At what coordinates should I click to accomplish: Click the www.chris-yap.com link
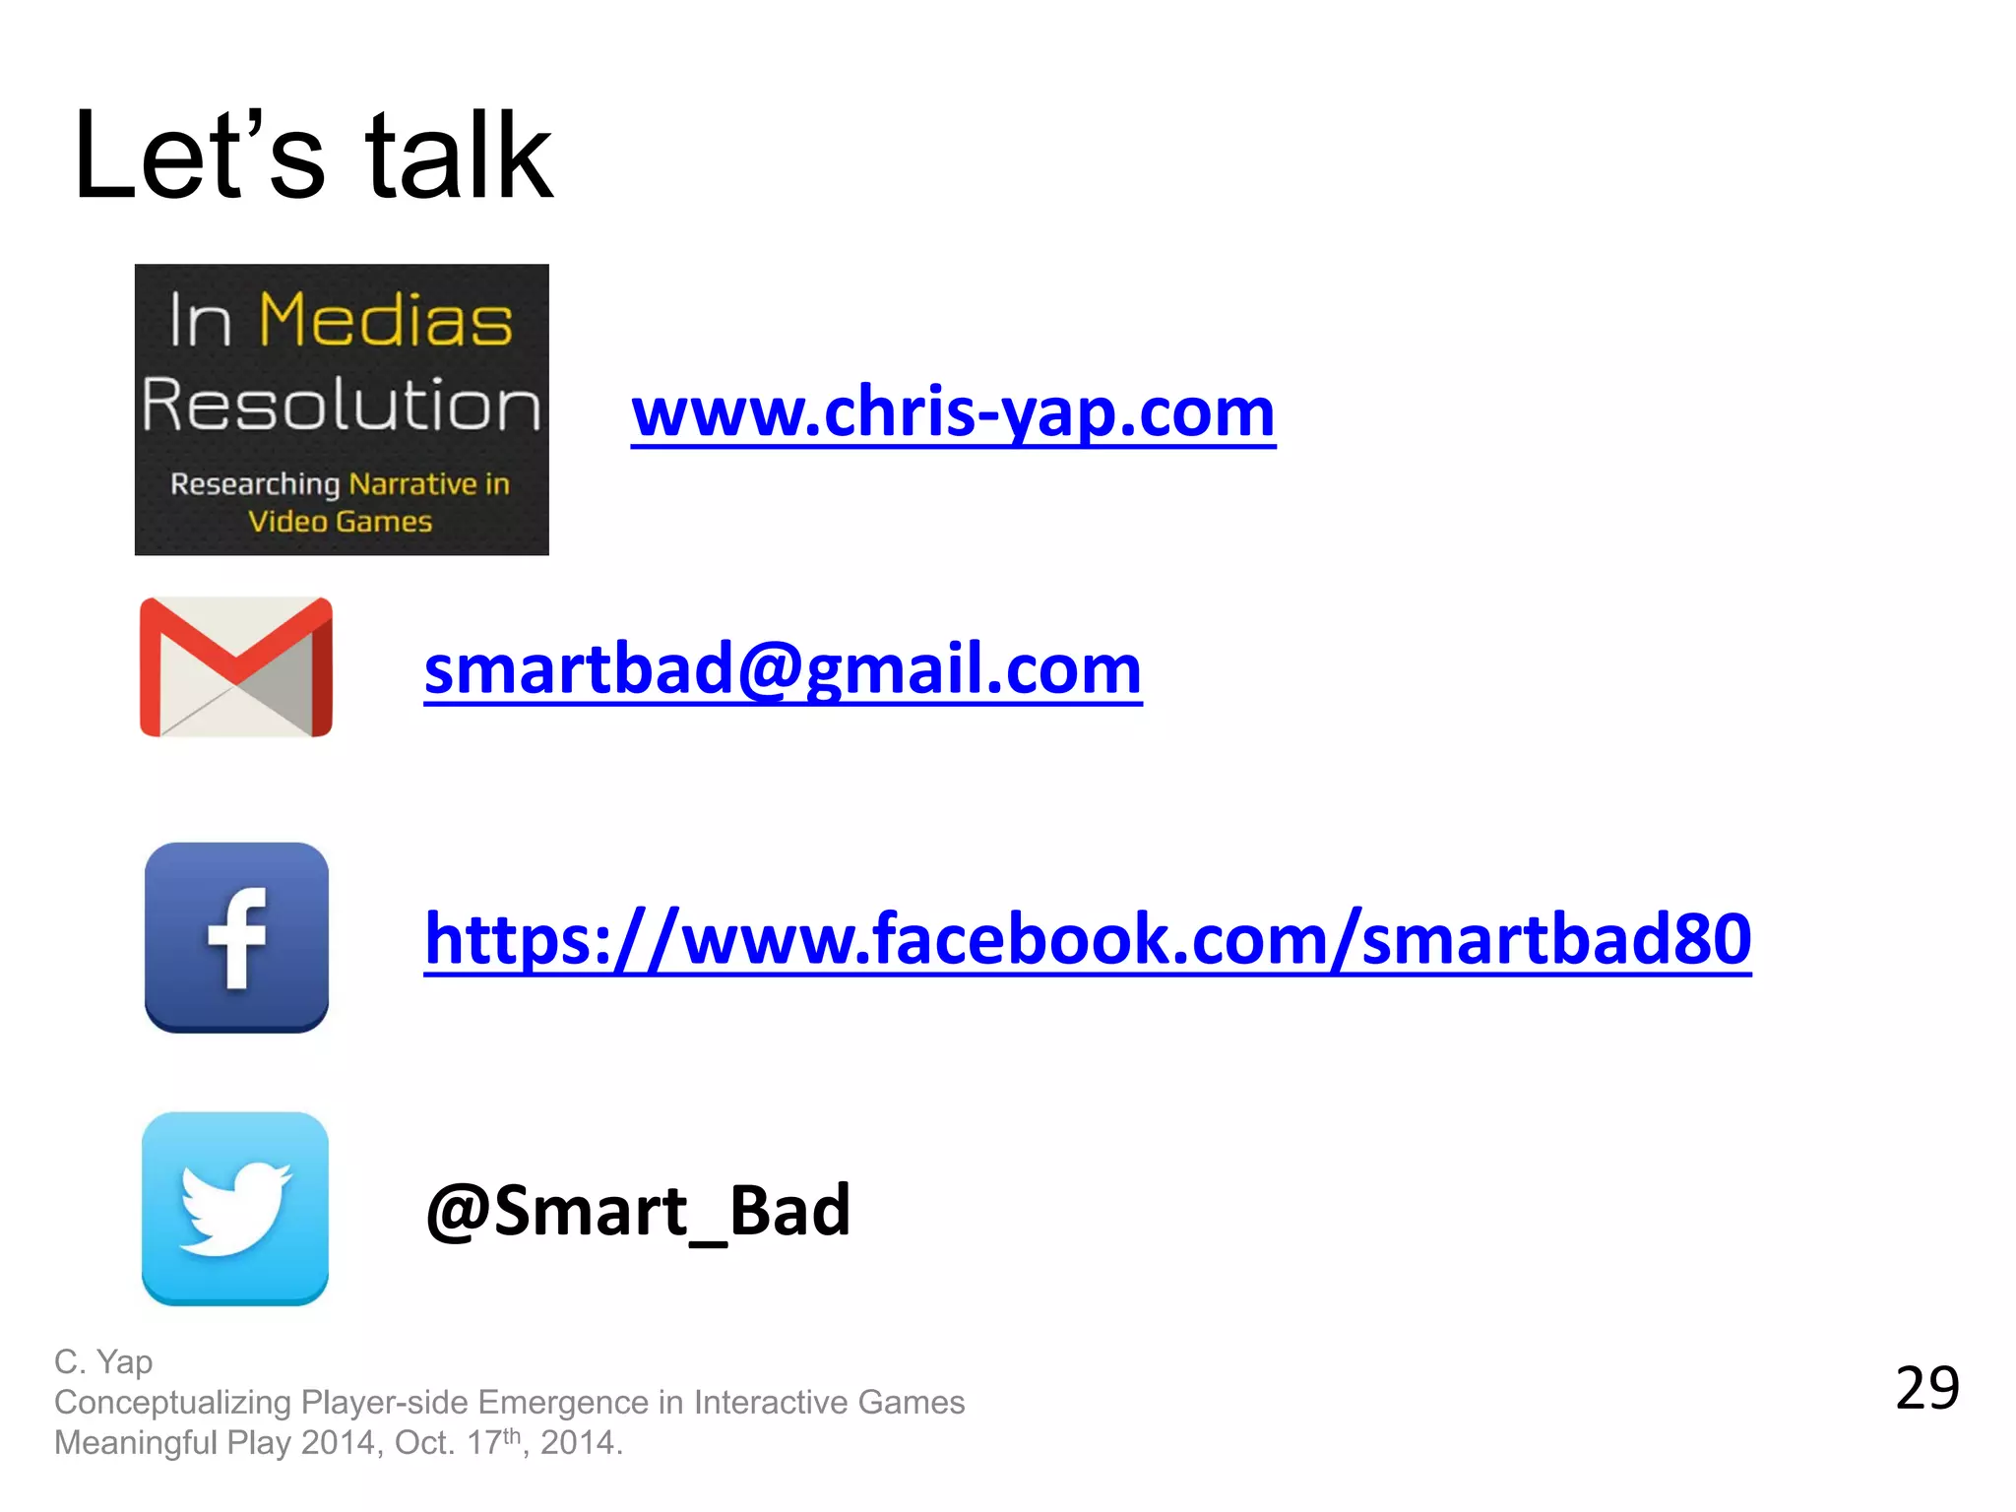pos(953,413)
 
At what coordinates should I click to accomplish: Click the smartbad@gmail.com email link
pos(783,669)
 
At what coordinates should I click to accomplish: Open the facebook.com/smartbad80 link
pos(1087,939)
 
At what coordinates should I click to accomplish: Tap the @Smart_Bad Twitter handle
pos(638,1211)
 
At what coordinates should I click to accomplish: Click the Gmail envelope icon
pos(236,667)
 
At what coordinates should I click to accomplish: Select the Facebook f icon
pos(236,937)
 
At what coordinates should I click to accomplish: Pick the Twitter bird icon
pos(235,1209)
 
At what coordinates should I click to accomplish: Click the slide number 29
pos(1926,1389)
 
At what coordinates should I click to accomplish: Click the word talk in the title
pos(459,157)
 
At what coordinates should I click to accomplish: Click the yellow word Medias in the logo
pos(385,321)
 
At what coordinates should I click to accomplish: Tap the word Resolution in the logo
pos(342,405)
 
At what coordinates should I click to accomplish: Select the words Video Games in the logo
pos(340,522)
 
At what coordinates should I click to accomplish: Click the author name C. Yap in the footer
pos(103,1362)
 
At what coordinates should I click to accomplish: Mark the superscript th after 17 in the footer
pos(511,1435)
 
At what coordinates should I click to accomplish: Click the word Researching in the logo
pos(254,484)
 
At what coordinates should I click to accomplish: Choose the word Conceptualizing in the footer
pos(172,1403)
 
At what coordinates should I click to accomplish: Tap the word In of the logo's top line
pos(200,321)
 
